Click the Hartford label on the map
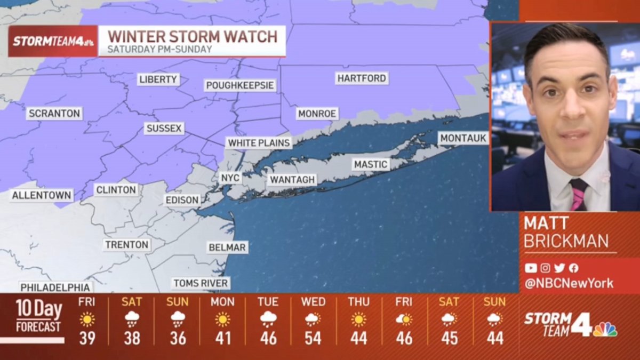362,78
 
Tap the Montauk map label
463,138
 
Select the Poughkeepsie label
240,85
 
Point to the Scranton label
54,114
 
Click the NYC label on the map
230,178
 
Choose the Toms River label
201,283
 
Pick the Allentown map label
42,195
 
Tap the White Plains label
259,143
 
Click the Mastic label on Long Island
370,164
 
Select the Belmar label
227,247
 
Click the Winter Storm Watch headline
193,37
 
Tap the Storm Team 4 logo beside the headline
53,41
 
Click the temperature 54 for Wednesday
313,338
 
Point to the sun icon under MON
222,319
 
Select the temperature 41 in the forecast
222,338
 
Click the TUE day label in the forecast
268,302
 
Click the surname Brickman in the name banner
566,242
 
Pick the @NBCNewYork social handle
569,283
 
